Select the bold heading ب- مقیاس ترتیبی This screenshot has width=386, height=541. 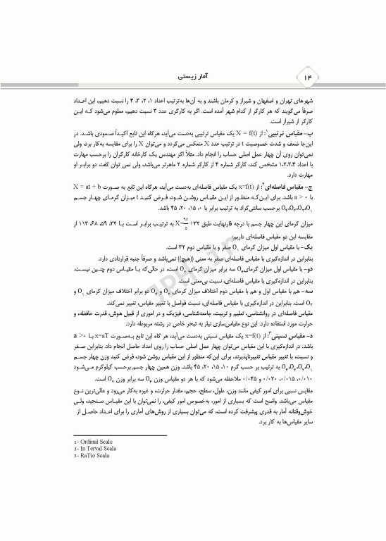point(285,132)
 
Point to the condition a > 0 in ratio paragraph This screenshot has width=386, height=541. point(82,317)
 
